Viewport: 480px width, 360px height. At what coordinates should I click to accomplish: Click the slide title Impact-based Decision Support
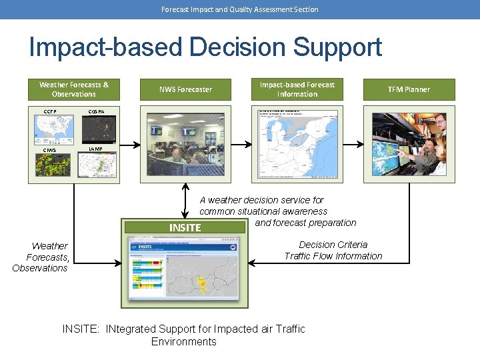(x=205, y=47)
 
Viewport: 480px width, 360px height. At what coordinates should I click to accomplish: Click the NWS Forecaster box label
(x=185, y=89)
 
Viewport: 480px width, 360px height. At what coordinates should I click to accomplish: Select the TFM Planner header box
(x=409, y=89)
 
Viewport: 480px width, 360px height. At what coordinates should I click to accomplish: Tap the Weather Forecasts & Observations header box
(x=74, y=89)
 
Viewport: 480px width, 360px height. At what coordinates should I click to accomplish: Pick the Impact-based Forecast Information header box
(x=297, y=89)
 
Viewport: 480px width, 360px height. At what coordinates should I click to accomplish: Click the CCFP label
(x=50, y=111)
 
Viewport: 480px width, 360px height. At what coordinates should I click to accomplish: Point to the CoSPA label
(x=96, y=111)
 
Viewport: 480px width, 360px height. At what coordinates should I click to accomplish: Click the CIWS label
(x=49, y=149)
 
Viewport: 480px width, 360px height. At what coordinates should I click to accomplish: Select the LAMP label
(x=96, y=148)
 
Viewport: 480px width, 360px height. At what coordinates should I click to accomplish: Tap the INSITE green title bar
(x=185, y=227)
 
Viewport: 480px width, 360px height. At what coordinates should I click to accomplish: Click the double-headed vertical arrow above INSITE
(x=185, y=199)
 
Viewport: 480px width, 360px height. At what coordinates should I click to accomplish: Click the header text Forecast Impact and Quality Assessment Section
(x=240, y=9)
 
